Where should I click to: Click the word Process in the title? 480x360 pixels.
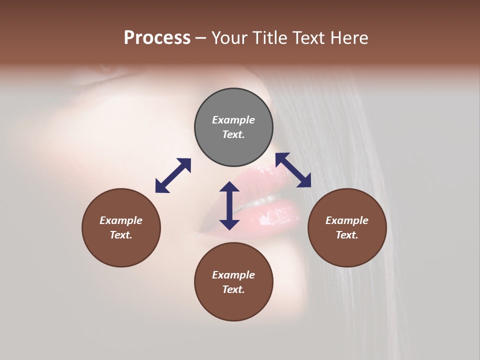157,38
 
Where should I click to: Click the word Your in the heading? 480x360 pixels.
229,38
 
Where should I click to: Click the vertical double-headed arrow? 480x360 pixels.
229,205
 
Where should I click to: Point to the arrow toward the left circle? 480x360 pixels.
173,175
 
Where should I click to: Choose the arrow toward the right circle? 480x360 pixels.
293,170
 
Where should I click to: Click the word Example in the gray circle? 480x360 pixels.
233,120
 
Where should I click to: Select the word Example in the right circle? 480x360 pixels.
347,220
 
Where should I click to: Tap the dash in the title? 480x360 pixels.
201,38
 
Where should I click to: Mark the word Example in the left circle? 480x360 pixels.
121,220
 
